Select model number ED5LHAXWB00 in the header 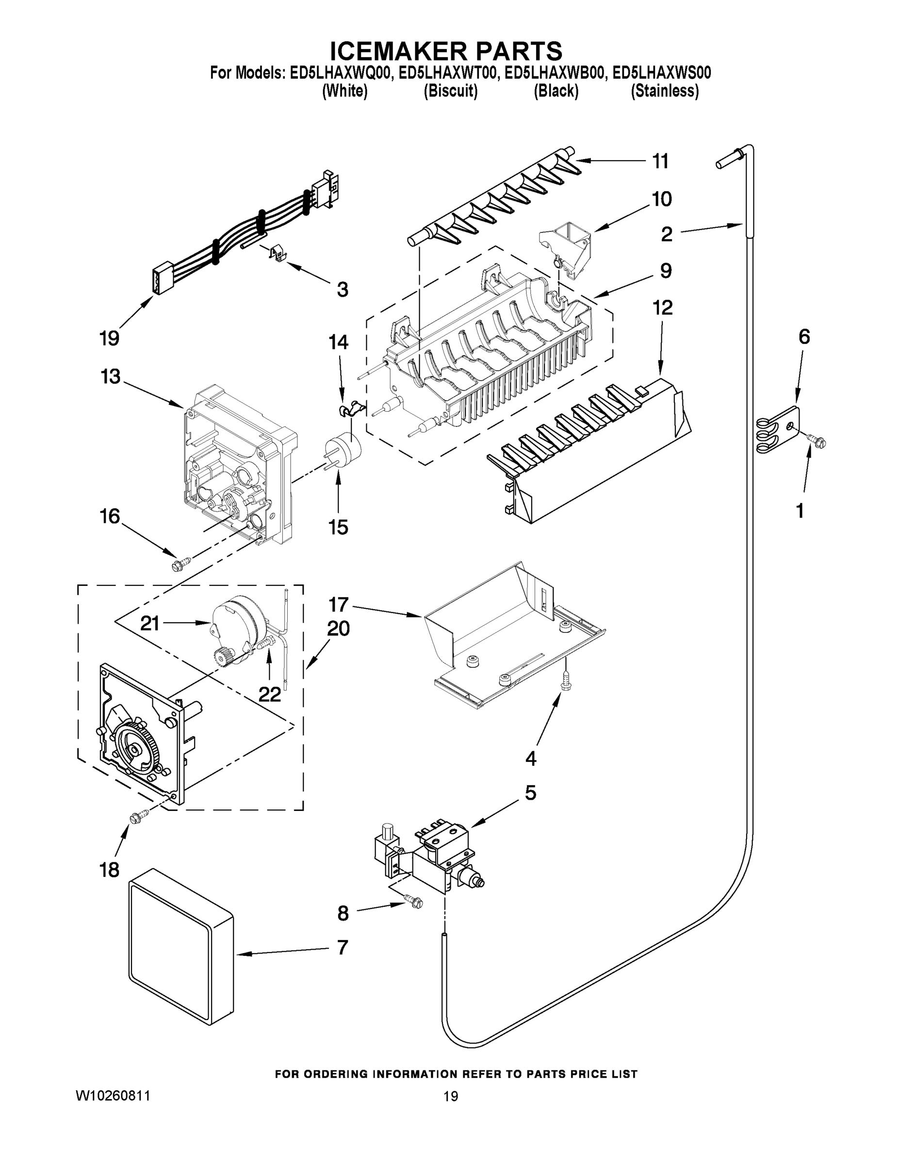click(x=555, y=73)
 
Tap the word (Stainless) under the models click(x=664, y=91)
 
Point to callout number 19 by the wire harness click(x=109, y=338)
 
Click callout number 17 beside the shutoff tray click(x=338, y=605)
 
